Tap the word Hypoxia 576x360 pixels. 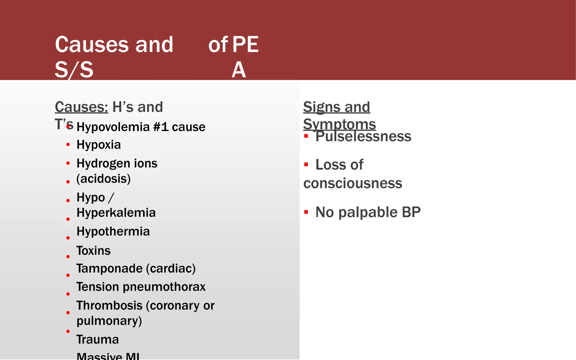(x=99, y=145)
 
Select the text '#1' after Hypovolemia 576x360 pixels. (x=161, y=127)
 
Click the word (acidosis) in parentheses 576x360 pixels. (x=103, y=179)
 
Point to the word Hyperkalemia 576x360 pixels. (x=116, y=213)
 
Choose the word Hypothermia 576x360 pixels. (x=113, y=231)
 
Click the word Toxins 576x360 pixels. (x=93, y=251)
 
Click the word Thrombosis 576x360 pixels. (x=109, y=305)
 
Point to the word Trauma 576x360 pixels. (x=97, y=339)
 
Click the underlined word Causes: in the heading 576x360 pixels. (x=81, y=107)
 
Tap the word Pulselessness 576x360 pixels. (x=363, y=137)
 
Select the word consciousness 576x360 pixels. (x=353, y=183)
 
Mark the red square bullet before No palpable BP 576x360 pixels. (x=306, y=212)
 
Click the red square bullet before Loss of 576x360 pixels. (x=306, y=165)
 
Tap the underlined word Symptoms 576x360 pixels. (x=339, y=124)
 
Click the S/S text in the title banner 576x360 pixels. (x=74, y=70)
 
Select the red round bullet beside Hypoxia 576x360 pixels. (x=68, y=145)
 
